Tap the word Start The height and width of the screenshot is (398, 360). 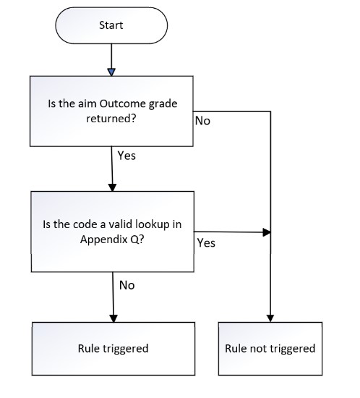(x=111, y=25)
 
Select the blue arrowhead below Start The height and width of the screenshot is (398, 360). (x=111, y=72)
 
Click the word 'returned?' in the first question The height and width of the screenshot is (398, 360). (x=111, y=118)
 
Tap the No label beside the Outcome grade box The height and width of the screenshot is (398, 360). (x=202, y=121)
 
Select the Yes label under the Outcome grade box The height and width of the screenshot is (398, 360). (x=127, y=156)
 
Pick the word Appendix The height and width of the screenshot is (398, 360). (x=104, y=240)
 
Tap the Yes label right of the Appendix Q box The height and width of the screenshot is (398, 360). (x=206, y=243)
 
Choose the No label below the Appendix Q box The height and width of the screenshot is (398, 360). (x=127, y=285)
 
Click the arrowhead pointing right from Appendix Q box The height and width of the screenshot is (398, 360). (x=267, y=232)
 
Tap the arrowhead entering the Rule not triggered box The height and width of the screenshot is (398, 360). (x=270, y=318)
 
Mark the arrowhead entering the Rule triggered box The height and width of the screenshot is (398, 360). (x=113, y=318)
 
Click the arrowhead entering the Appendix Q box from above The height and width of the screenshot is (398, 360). (x=112, y=187)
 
